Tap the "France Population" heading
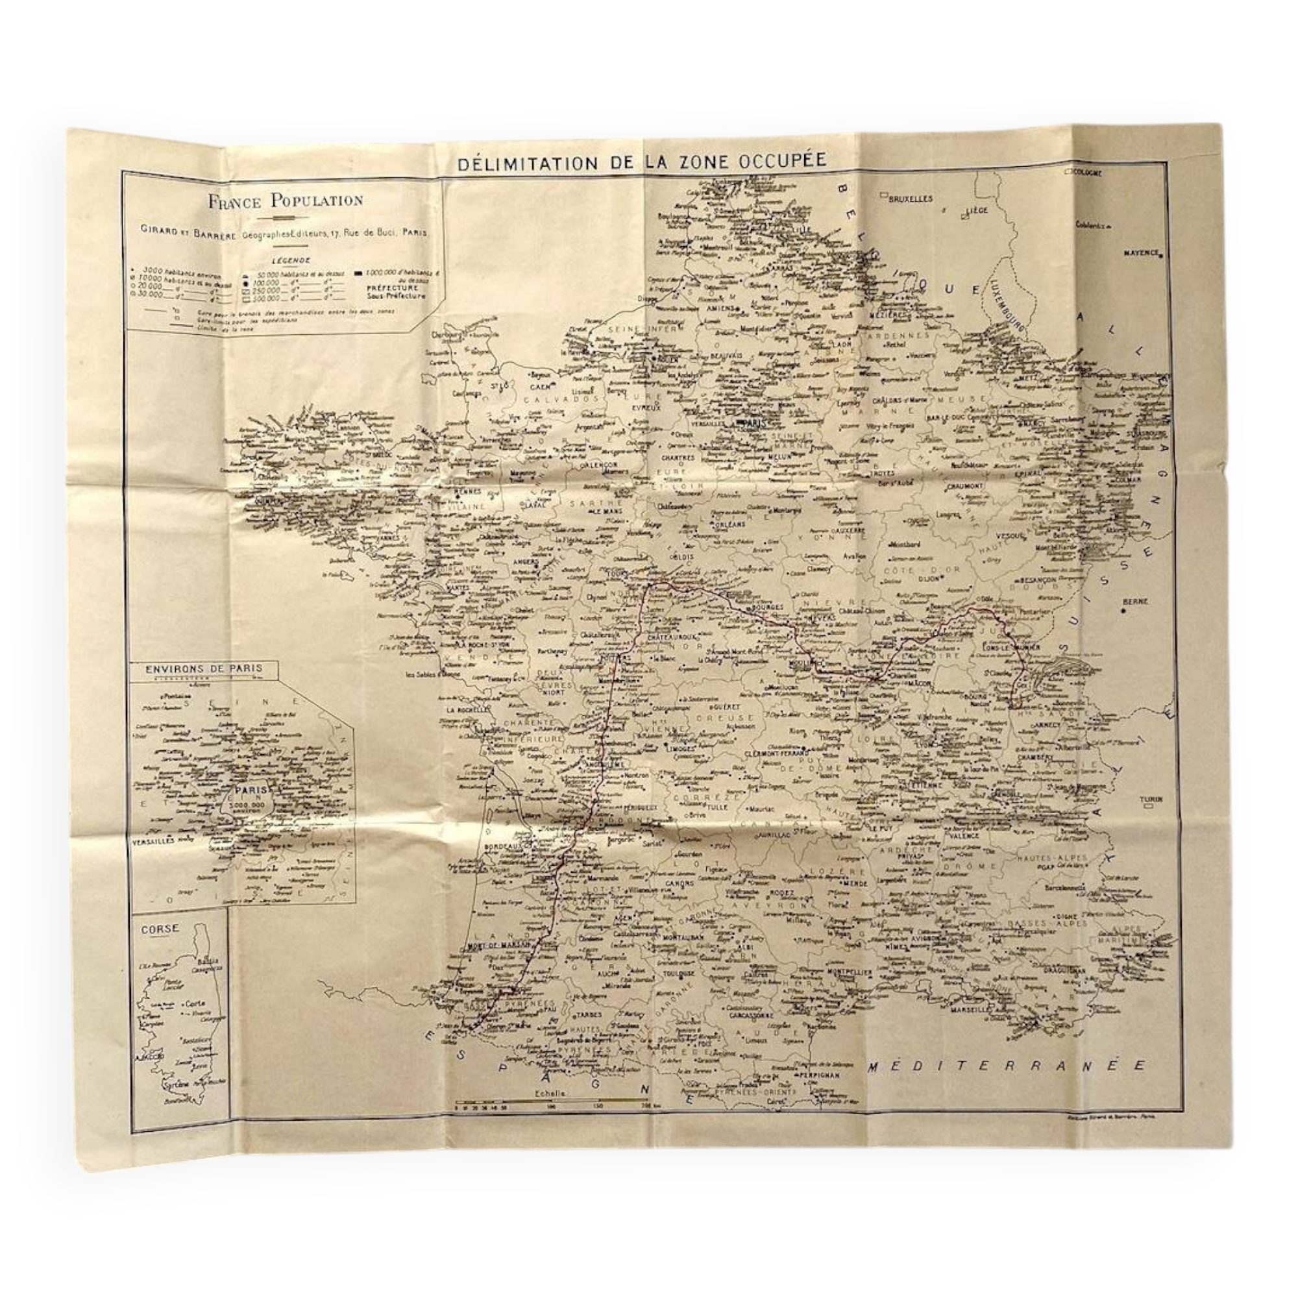click(x=286, y=200)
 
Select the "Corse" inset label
click(x=160, y=929)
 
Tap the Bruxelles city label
click(x=911, y=199)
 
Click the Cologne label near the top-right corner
click(x=1088, y=173)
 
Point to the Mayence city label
click(x=1141, y=253)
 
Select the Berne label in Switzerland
click(x=1134, y=602)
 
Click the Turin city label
click(x=1150, y=799)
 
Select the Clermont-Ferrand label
click(x=778, y=753)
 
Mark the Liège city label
click(x=977, y=210)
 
